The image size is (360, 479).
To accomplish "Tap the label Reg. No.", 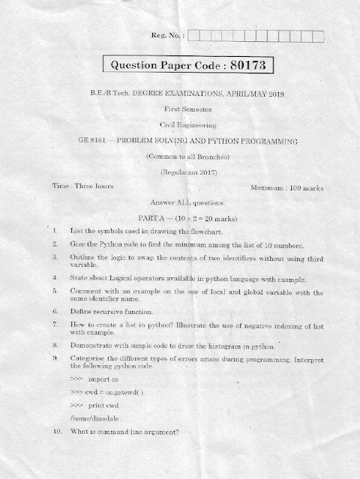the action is (x=168, y=34).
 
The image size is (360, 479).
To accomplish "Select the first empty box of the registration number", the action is (x=194, y=34).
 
